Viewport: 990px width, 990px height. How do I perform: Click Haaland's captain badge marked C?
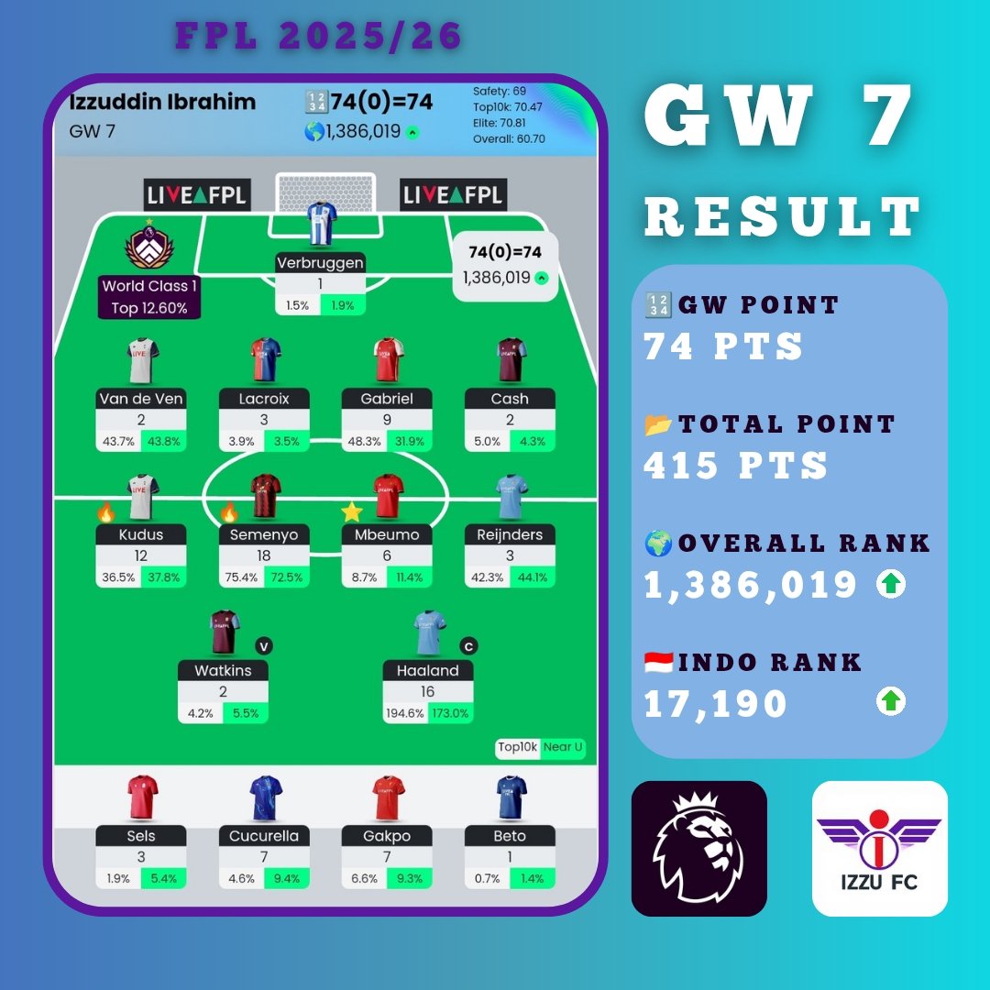tap(468, 646)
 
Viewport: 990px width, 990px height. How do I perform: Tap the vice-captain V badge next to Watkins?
tap(264, 646)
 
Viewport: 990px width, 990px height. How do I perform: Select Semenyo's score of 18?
tap(264, 555)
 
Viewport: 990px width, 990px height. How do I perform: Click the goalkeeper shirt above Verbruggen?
tap(320, 224)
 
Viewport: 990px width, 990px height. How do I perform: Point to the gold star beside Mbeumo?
tap(352, 511)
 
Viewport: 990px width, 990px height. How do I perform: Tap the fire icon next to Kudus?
tap(106, 512)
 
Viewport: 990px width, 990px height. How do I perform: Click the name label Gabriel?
tap(387, 399)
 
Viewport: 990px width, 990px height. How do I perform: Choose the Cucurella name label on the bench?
tap(264, 836)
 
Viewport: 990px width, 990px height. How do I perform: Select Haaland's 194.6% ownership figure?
tap(405, 713)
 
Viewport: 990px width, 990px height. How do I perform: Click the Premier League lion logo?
tap(698, 848)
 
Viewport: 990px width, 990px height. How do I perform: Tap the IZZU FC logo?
tap(879, 848)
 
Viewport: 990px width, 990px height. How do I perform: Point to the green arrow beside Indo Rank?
tap(891, 702)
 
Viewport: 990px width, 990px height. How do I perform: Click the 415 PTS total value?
tap(735, 466)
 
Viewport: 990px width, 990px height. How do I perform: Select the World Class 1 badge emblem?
tap(148, 245)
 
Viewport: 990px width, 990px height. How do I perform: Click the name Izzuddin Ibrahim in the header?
tap(162, 102)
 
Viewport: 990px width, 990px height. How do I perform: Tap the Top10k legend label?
tap(517, 747)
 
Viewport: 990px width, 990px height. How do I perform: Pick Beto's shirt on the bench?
tap(510, 797)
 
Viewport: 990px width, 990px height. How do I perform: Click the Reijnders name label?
tap(510, 534)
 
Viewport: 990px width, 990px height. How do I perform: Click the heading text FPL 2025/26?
tap(319, 37)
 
